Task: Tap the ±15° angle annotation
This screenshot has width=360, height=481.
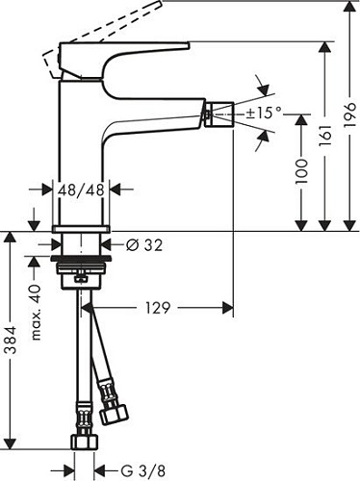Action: [x=264, y=114]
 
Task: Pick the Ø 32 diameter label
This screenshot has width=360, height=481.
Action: [x=143, y=246]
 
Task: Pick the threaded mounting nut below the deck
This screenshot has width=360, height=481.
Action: [x=81, y=268]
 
